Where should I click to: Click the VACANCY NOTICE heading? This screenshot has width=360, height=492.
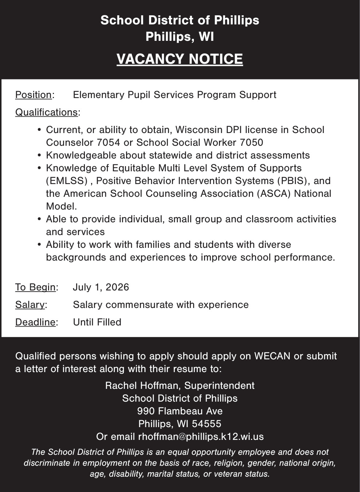click(180, 59)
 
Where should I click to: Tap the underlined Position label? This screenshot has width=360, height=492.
click(34, 95)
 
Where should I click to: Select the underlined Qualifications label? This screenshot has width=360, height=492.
click(46, 112)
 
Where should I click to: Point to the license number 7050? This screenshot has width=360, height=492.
click(251, 142)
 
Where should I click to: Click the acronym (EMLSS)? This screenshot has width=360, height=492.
click(67, 181)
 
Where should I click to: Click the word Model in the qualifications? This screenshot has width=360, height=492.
click(61, 206)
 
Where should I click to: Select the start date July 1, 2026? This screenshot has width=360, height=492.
click(101, 287)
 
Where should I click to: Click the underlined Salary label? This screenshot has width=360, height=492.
click(30, 305)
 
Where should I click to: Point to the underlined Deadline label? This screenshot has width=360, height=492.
click(35, 322)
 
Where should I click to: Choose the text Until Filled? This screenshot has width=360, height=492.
click(97, 322)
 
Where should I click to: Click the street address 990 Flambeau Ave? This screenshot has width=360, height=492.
click(180, 411)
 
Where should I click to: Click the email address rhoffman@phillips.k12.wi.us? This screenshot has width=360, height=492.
click(201, 437)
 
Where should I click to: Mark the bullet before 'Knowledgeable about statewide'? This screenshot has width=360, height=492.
click(39, 156)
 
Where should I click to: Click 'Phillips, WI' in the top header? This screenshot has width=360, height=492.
click(180, 37)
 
